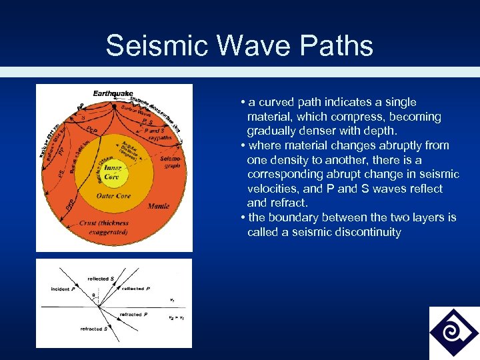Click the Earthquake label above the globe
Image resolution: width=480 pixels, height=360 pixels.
click(113, 94)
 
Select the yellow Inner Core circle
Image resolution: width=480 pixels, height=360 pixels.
click(111, 172)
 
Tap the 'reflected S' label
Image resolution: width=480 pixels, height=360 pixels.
click(98, 278)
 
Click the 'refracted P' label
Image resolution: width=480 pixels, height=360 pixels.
click(133, 314)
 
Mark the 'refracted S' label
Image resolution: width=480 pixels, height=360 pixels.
click(91, 329)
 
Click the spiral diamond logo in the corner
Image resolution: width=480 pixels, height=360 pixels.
click(453, 333)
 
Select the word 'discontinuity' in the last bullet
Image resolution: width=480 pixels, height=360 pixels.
click(369, 232)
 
